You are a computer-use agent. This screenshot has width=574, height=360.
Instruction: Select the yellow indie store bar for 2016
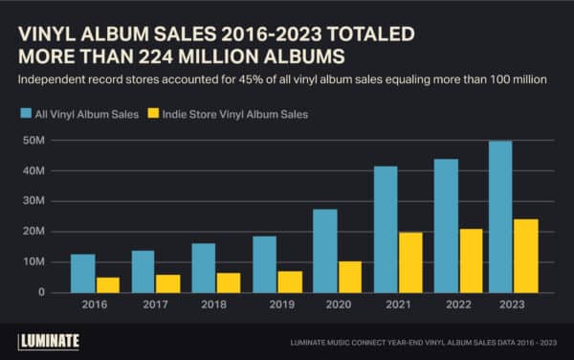[107, 284]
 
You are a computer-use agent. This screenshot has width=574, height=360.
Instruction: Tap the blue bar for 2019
[264, 264]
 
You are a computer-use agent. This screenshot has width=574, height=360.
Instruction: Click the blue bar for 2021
[386, 230]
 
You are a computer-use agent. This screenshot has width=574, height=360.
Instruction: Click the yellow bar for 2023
[526, 256]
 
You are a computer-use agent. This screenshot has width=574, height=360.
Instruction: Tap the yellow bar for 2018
[229, 282]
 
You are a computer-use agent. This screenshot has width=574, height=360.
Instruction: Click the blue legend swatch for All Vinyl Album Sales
[28, 114]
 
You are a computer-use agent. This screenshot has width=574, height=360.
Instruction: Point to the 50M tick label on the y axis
[35, 141]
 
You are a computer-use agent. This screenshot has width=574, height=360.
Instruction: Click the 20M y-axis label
[35, 232]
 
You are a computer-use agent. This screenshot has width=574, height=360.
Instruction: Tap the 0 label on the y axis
[43, 292]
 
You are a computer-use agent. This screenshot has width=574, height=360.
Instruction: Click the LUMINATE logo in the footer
[49, 340]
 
